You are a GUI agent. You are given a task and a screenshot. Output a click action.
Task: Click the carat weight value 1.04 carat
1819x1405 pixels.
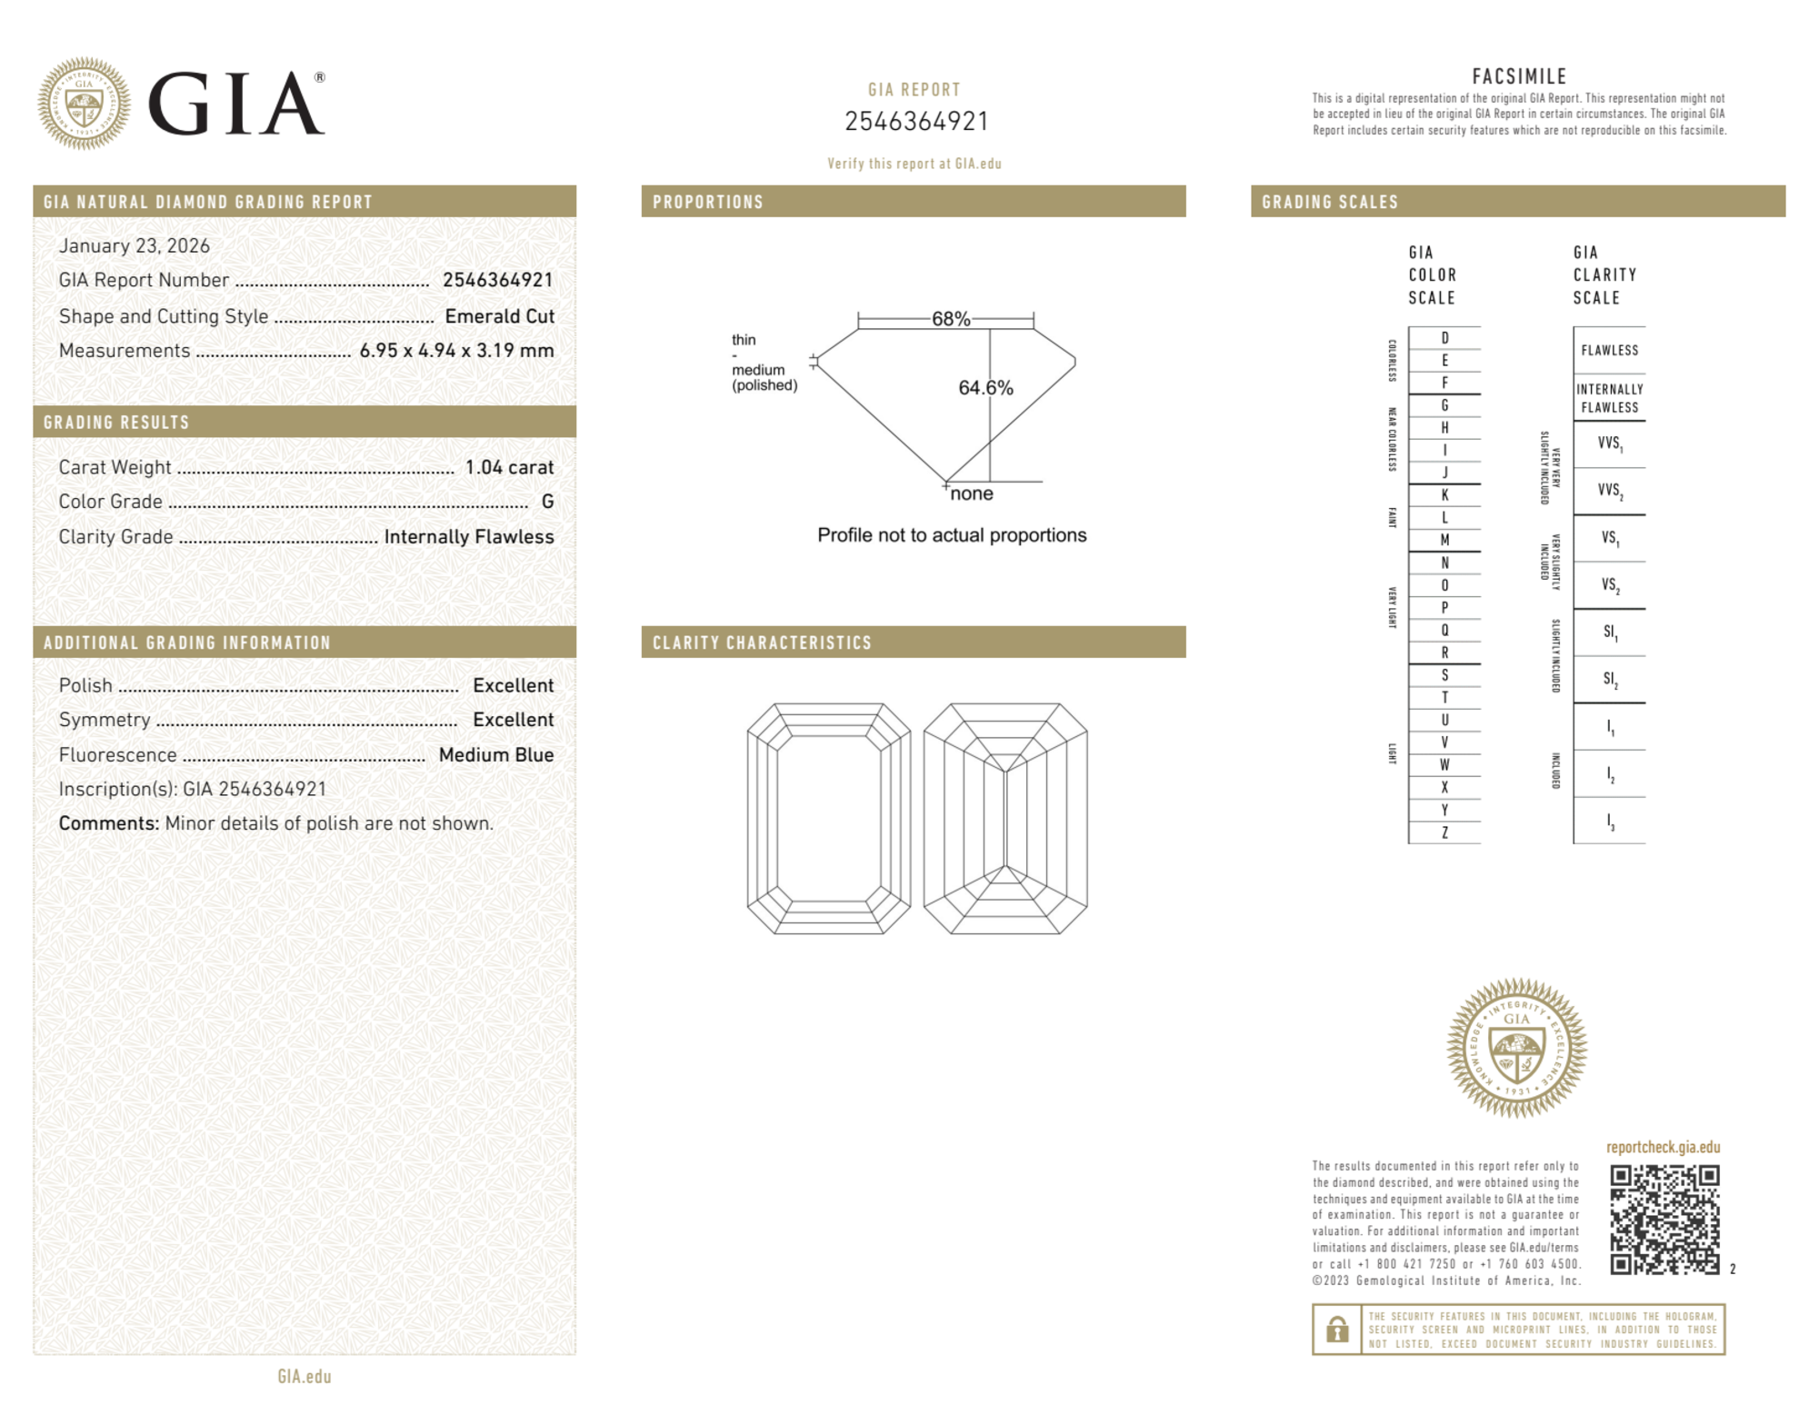tap(509, 467)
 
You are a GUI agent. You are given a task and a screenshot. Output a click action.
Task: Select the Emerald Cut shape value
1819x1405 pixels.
tap(499, 316)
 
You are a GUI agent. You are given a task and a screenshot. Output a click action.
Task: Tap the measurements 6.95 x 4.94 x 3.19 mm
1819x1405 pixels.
tap(456, 351)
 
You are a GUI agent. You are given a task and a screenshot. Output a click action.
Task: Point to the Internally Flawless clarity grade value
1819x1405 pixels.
tap(468, 537)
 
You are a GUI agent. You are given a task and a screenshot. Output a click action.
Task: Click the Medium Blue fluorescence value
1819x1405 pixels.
tap(495, 755)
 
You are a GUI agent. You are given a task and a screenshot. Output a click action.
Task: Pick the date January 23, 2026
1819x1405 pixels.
tap(134, 246)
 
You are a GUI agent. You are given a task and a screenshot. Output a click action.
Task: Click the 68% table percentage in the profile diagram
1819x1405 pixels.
tap(950, 319)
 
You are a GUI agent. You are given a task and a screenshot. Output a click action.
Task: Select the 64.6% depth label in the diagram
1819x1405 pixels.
tap(985, 388)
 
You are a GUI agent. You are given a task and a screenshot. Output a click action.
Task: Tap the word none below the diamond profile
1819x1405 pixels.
tap(971, 494)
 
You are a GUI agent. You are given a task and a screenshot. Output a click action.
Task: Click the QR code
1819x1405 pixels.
tap(1664, 1220)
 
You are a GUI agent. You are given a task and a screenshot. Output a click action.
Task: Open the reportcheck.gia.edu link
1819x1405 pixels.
tap(1663, 1148)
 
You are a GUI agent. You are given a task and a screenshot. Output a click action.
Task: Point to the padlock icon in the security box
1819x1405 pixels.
tap(1336, 1330)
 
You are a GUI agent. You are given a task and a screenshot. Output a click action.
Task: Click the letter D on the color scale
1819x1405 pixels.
tap(1444, 338)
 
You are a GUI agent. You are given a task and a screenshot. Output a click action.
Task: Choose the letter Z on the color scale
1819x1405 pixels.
tap(1444, 832)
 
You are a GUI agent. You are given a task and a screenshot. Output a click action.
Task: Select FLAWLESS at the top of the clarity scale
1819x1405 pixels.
tap(1609, 351)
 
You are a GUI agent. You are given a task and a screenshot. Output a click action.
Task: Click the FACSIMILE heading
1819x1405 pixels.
tap(1519, 77)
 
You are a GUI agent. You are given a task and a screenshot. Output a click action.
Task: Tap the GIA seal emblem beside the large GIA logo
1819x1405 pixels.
tap(84, 104)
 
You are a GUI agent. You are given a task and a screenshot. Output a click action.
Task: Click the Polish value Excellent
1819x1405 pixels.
tap(513, 686)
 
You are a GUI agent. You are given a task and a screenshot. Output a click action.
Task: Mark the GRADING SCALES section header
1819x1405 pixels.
tap(1329, 202)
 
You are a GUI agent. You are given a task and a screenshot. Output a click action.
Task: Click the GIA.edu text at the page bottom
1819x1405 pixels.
tap(305, 1377)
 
